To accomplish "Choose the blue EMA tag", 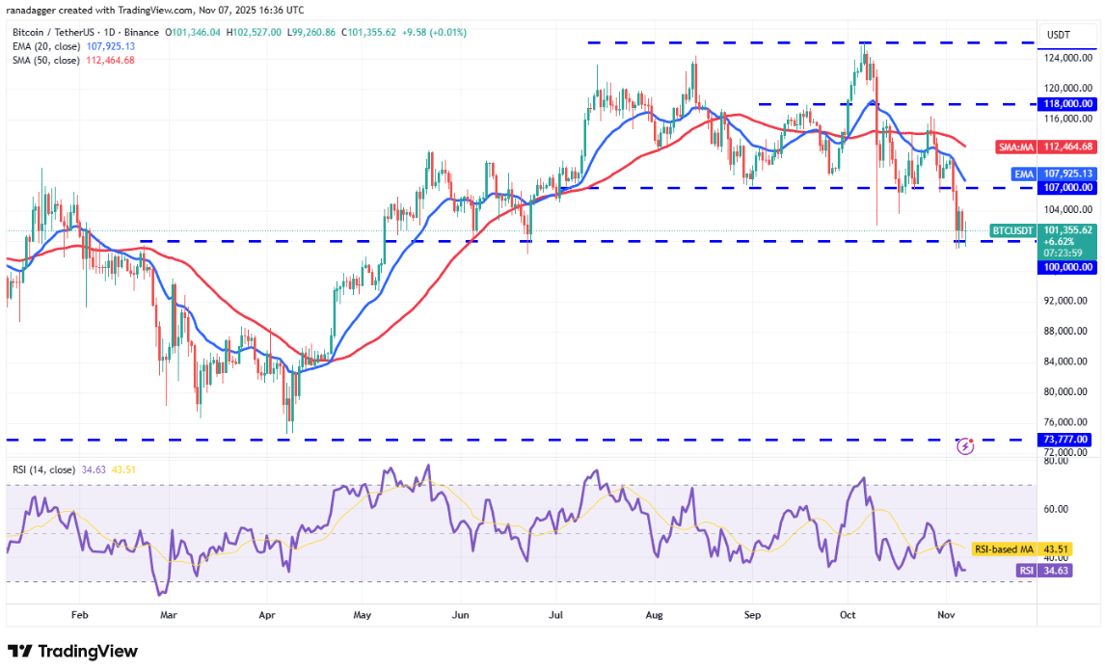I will pos(1023,174).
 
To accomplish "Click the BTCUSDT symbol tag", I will pos(1013,230).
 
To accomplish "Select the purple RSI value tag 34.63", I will pos(1029,571).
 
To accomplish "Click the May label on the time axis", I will pos(363,614).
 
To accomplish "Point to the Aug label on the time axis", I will pos(655,614).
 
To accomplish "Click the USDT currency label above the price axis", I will pos(1059,35).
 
